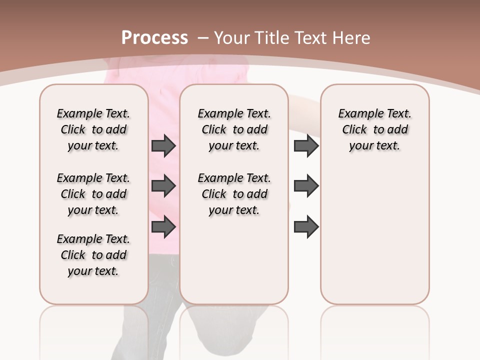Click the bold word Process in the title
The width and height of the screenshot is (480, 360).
coord(154,38)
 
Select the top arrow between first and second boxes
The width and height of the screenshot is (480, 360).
coord(163,146)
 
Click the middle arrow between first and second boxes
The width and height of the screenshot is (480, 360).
coord(163,186)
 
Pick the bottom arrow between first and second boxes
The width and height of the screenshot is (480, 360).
coord(163,227)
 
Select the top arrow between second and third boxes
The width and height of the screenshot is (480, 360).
coord(306,146)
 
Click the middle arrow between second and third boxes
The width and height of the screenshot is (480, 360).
coord(306,186)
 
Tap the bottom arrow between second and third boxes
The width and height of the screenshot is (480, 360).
coord(306,227)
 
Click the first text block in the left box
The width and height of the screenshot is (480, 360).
coord(93,129)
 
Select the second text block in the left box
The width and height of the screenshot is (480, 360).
coord(93,194)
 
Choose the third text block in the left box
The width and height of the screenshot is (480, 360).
coord(93,255)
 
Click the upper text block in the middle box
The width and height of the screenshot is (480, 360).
coord(234,129)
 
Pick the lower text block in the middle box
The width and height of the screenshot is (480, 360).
coord(234,194)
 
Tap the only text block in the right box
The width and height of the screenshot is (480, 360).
coord(375,129)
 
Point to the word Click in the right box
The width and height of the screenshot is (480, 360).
coord(354,130)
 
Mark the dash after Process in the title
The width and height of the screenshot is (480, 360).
coord(202,38)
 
